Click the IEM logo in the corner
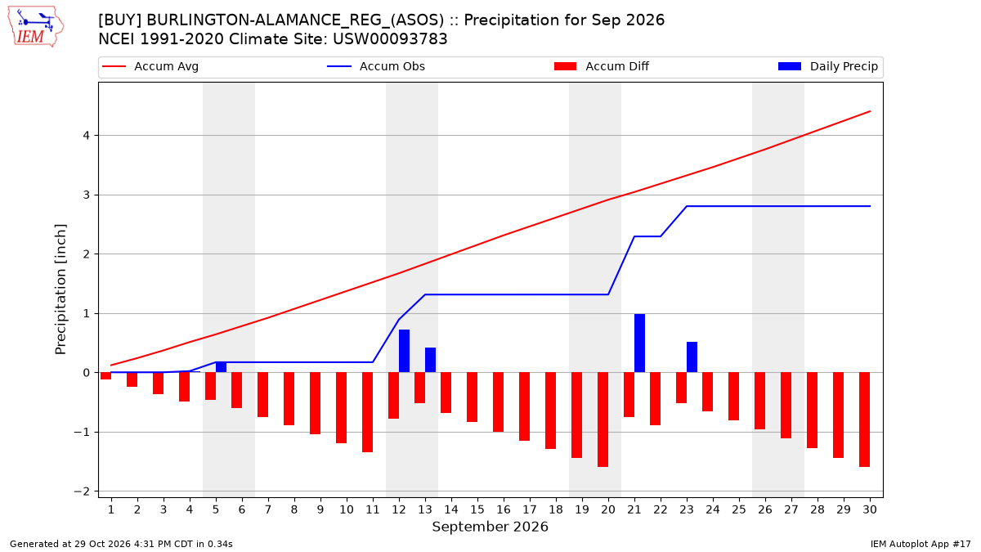[36, 27]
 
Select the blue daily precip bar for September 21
[639, 343]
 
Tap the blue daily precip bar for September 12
[404, 351]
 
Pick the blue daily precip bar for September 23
[692, 357]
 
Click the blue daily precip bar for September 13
[431, 360]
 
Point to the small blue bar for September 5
[222, 367]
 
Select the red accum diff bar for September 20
[603, 420]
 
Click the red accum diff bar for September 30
[865, 420]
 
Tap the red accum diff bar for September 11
[367, 412]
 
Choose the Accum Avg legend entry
[150, 66]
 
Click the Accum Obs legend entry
[376, 66]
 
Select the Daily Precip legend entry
[827, 66]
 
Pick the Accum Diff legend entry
[602, 66]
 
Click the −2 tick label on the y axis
[82, 491]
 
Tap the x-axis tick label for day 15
[477, 509]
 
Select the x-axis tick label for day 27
[791, 509]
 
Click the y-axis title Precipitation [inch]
[60, 289]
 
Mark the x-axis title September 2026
[490, 527]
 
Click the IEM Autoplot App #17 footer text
[921, 544]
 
